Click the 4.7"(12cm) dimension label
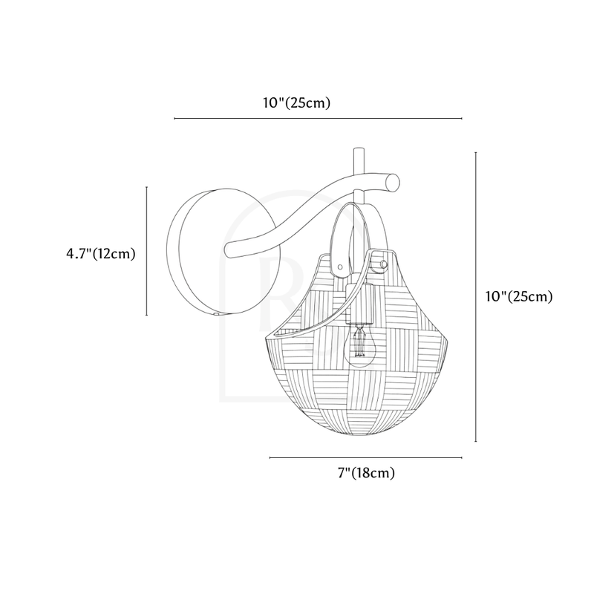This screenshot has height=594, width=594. click(x=101, y=253)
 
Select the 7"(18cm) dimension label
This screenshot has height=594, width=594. click(x=366, y=473)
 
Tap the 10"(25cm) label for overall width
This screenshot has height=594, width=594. click(x=297, y=102)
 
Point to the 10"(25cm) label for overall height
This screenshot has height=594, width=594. click(x=519, y=296)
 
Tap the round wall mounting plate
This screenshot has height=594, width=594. click(x=223, y=251)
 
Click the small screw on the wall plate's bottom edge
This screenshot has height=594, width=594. click(x=216, y=313)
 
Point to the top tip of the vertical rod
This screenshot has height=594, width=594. click(x=359, y=148)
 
